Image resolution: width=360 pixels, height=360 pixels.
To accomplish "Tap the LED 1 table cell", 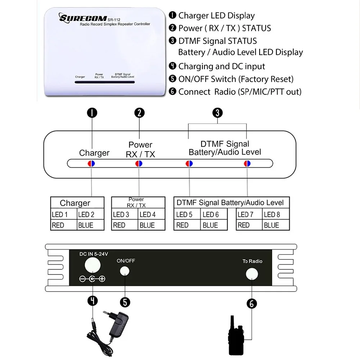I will (x=63, y=215).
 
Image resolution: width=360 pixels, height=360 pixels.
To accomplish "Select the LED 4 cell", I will (x=152, y=215).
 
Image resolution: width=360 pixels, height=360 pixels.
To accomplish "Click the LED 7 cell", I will (x=249, y=215).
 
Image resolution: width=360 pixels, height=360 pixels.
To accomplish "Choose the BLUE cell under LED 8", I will (x=275, y=225).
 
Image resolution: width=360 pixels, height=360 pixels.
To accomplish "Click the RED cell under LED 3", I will (x=125, y=225).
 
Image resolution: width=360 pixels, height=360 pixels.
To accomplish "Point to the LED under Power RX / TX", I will (x=139, y=163).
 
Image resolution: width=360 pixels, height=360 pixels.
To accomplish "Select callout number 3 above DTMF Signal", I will (x=217, y=113).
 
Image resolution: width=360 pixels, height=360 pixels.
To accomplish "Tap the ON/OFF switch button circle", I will (x=125, y=271).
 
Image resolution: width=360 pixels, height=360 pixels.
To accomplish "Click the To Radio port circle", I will (x=252, y=274).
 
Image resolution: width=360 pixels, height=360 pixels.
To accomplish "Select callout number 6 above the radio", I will (x=252, y=304).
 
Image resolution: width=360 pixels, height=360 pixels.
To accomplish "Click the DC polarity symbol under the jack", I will (x=92, y=279).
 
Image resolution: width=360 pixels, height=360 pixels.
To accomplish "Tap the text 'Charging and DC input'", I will (x=221, y=66).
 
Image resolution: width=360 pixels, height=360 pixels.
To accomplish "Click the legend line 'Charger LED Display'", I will (x=216, y=15).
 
